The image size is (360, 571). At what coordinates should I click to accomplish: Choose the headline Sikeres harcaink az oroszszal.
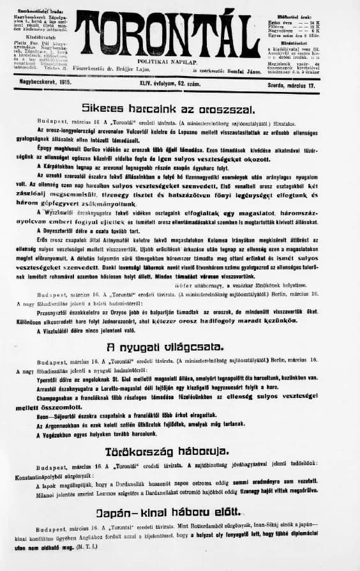[169, 109]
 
